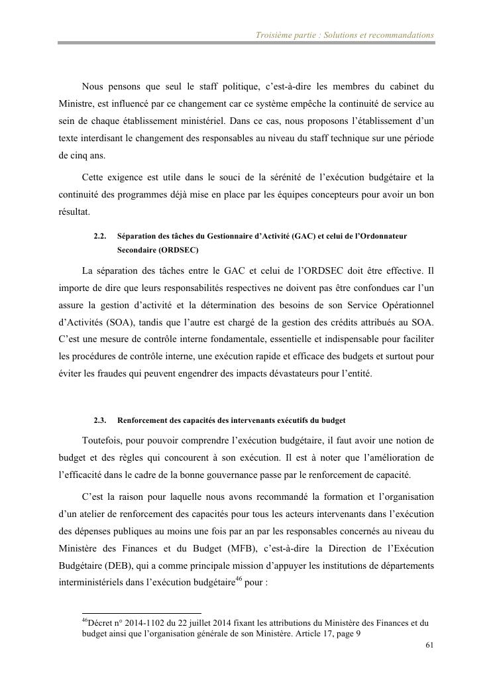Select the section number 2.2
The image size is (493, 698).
100,236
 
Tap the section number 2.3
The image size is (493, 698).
100,420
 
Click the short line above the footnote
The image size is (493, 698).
141,613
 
